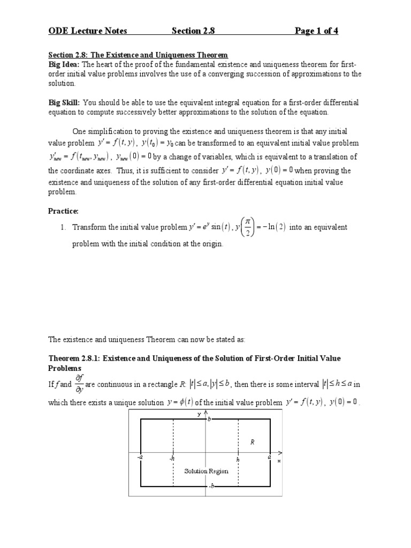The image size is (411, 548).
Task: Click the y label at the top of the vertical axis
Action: pyautogui.click(x=199, y=414)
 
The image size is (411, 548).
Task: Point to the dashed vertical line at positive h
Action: pyautogui.click(x=238, y=439)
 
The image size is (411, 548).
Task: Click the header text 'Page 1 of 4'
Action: pyautogui.click(x=316, y=31)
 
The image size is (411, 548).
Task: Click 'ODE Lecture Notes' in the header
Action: pyautogui.click(x=88, y=31)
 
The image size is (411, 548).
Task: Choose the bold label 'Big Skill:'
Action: pyautogui.click(x=65, y=102)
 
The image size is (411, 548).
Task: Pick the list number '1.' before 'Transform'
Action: pyautogui.click(x=64, y=227)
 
